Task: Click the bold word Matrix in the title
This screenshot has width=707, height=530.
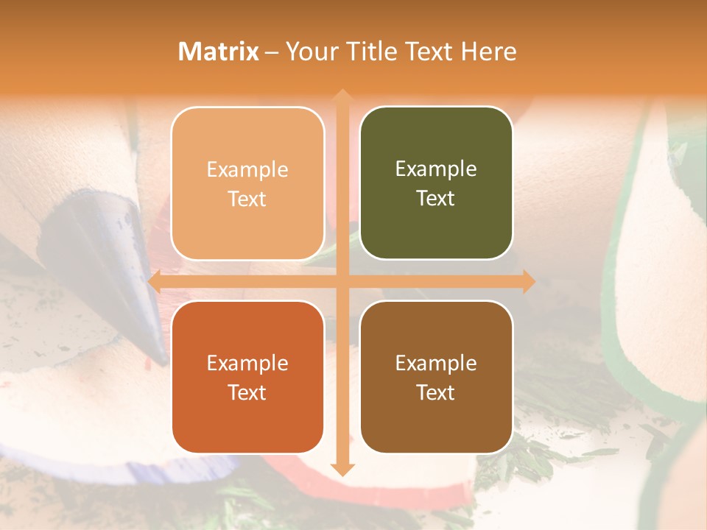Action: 219,52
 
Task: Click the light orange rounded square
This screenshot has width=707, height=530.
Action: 247,183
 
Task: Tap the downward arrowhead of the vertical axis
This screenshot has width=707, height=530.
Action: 342,470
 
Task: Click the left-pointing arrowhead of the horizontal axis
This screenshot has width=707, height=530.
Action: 155,281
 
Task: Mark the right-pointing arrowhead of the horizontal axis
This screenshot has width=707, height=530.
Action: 529,281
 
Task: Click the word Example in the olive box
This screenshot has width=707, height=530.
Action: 436,169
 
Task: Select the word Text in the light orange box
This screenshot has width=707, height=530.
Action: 247,199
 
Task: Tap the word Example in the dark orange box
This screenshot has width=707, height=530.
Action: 247,363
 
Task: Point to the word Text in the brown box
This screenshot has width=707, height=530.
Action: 436,392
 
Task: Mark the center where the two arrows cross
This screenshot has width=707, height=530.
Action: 342,281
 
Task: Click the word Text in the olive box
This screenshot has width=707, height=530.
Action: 436,199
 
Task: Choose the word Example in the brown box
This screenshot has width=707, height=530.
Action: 436,363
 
